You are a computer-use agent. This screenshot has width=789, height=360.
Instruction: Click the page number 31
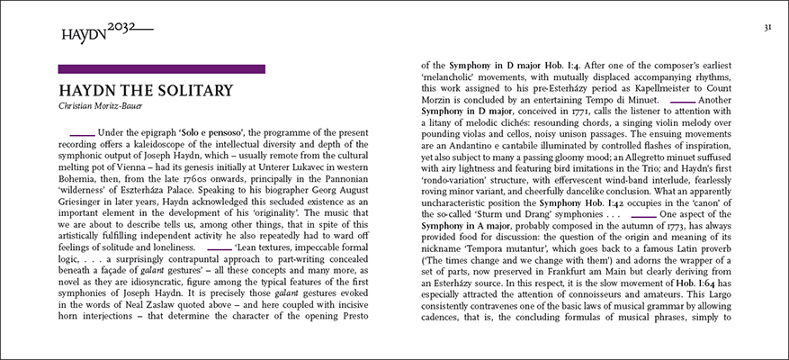coord(768,28)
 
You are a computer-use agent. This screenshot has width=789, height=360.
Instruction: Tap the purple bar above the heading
coord(161,68)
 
